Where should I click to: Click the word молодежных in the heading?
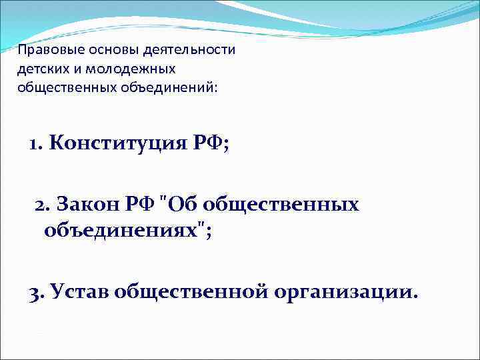tap(135, 69)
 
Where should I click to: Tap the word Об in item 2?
tap(184, 204)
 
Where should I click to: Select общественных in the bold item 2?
tap(283, 204)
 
